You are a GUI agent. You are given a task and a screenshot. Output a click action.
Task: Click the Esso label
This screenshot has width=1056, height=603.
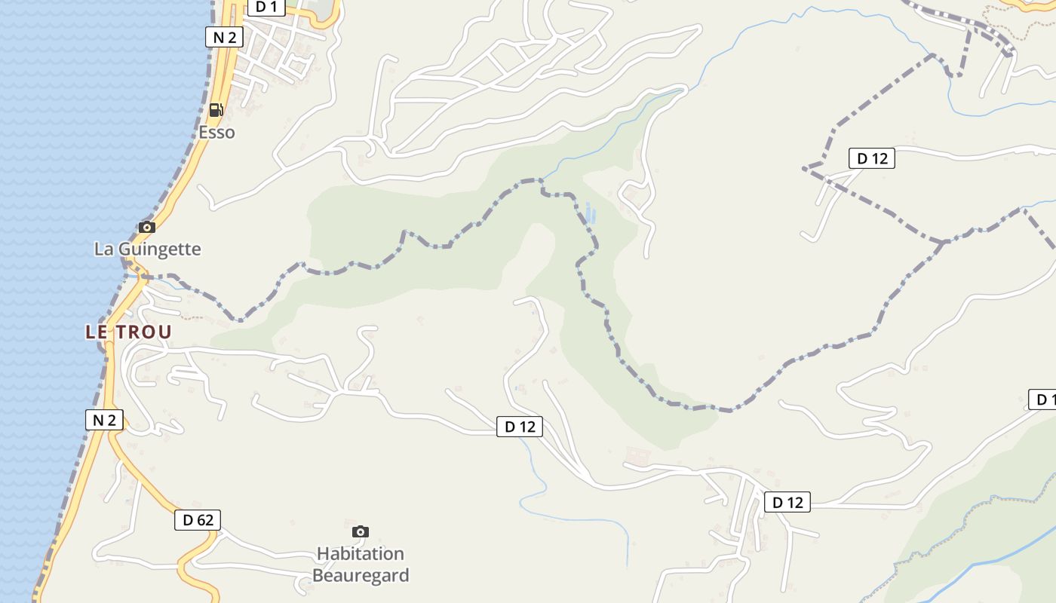coord(216,133)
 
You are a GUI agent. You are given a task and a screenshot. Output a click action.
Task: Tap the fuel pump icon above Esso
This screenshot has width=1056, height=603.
coord(216,110)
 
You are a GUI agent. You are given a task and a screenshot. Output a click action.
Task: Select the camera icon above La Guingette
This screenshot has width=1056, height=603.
coord(147,227)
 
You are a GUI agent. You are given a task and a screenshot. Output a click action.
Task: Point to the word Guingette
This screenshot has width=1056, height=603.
coord(158,249)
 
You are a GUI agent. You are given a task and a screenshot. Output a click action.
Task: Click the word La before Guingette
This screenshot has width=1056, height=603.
coord(103,249)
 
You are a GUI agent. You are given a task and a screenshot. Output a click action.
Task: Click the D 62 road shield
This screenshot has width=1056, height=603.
coord(198,519)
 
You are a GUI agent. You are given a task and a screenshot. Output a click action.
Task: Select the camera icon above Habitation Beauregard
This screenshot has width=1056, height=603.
coord(361,531)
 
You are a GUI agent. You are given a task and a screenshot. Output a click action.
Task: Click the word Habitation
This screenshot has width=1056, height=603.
coord(361,554)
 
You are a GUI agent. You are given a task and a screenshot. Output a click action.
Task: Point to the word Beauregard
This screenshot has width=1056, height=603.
coord(361,576)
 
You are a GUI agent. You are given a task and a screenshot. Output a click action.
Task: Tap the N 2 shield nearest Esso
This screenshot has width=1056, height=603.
coord(224,37)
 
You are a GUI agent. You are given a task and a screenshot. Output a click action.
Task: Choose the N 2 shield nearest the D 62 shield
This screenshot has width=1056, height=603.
coord(104,420)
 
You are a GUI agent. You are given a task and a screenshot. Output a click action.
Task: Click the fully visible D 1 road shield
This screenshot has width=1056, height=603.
coord(266,8)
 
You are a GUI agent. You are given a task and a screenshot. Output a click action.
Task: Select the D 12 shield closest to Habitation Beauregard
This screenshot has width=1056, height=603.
coord(520,427)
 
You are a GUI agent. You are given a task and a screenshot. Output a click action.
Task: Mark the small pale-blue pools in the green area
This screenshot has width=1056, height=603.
coord(590,213)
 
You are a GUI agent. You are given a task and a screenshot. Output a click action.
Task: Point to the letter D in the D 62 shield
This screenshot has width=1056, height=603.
coord(188,519)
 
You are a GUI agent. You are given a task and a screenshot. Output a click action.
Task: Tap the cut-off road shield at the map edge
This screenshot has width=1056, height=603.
coord(1043,399)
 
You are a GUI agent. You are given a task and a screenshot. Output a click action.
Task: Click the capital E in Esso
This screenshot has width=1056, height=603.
coord(203,133)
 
